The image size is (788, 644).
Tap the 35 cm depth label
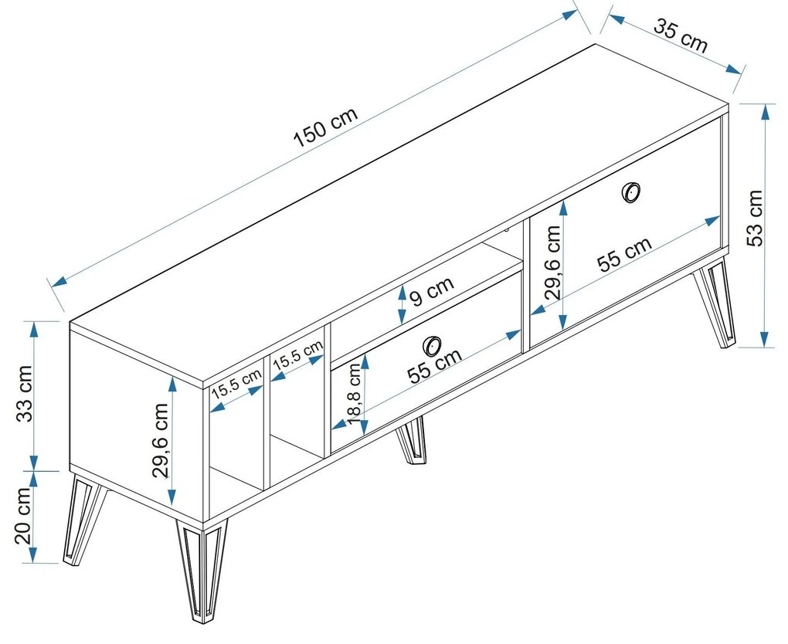tap(680, 35)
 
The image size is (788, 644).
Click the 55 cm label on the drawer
tap(435, 365)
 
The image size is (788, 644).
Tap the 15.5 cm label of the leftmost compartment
tap(237, 383)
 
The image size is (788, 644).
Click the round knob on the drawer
tap(433, 344)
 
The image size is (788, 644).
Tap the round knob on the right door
tap(631, 192)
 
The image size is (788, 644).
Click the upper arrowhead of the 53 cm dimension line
tap(764, 111)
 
